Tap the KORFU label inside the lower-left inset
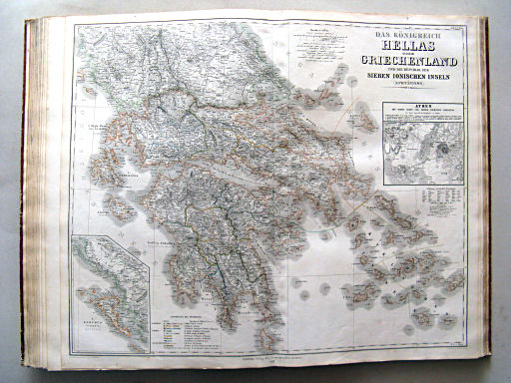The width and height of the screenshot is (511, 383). pyautogui.click(x=96, y=324)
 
